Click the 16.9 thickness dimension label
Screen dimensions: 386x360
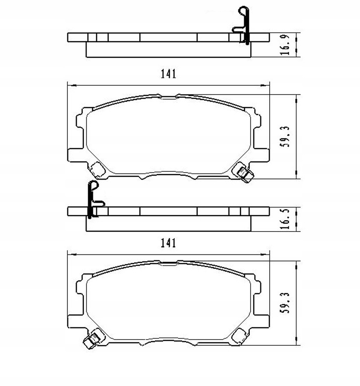pos(285,45)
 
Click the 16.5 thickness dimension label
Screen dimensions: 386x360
pos(285,219)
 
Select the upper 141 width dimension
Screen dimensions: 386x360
pos(168,74)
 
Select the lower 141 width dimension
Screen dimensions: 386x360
pos(168,243)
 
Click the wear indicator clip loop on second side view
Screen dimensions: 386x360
pos(92,186)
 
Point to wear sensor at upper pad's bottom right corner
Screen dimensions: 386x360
pos(244,173)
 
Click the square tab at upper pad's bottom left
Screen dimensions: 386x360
pos(98,169)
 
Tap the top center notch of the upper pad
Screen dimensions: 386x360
pos(169,97)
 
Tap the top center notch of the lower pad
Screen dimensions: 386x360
pos(169,263)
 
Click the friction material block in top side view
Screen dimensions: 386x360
pos(169,49)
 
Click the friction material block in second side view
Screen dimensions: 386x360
pos(169,223)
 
